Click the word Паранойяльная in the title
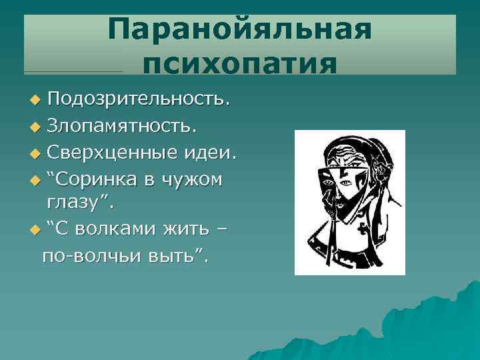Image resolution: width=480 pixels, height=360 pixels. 239,31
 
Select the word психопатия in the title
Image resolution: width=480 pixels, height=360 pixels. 239,64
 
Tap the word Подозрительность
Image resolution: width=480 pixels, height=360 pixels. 139,99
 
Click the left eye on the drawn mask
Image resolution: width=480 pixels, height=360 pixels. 328,181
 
